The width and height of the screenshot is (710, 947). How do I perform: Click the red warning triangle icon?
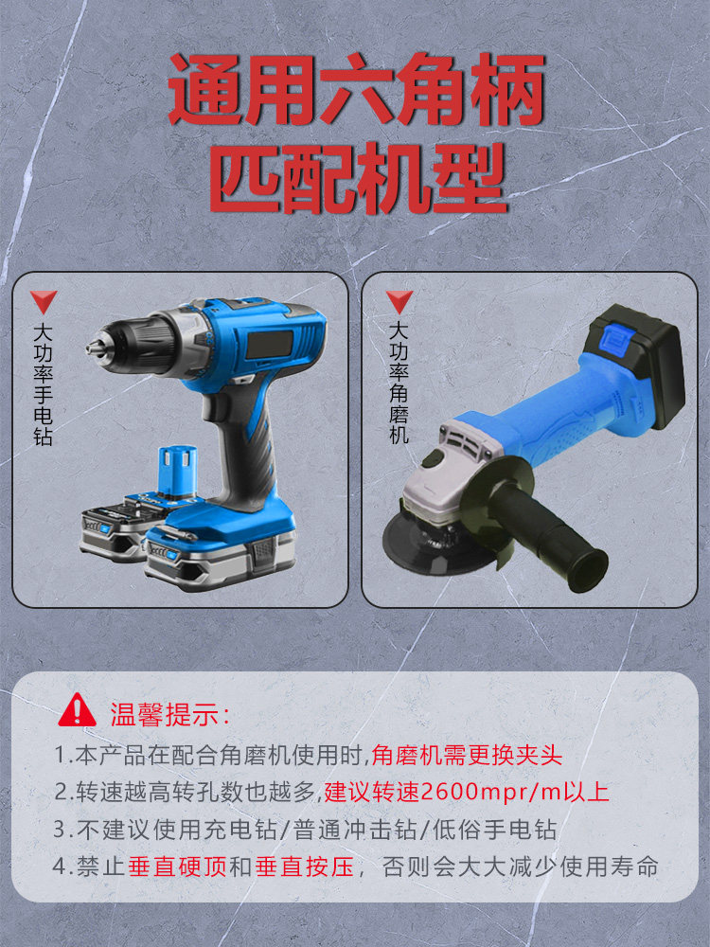77,711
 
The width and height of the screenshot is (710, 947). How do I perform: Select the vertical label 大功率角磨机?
399,383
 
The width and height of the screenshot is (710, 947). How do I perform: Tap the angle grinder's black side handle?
546,535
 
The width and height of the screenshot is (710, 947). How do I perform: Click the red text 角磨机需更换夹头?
467,756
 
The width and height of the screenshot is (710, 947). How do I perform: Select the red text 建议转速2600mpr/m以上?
467,792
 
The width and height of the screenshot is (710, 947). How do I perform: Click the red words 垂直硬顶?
178,867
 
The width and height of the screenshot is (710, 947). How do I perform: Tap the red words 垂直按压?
304,867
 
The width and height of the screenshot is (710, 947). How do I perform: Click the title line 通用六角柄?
357,89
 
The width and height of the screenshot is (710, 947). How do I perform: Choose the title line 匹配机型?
358,178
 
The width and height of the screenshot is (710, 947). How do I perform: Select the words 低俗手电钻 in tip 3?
494,830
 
